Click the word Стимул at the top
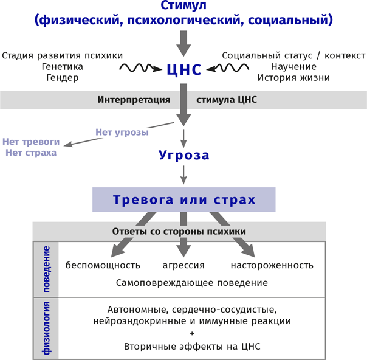[184, 6]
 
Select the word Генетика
[63, 66]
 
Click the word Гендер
[63, 78]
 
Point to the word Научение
[293, 66]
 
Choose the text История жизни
[293, 78]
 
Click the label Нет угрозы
[122, 132]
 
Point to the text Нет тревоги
[31, 141]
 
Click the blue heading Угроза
[184, 155]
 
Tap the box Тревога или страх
[184, 199]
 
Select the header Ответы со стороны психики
[179, 232]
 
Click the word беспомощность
[103, 265]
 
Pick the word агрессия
[184, 265]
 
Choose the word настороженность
[272, 265]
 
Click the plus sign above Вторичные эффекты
[192, 334]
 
